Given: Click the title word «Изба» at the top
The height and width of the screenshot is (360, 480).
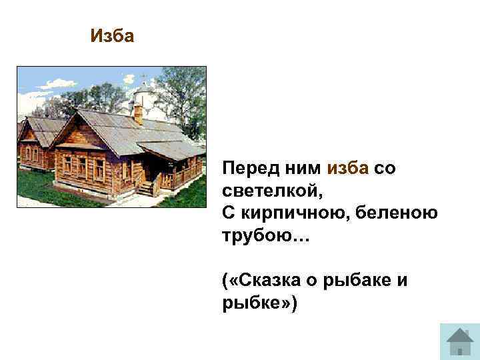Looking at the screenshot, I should click(112, 35).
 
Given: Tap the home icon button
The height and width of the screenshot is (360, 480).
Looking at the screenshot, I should click(459, 341).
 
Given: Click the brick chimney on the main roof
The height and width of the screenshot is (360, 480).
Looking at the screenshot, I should click(139, 113).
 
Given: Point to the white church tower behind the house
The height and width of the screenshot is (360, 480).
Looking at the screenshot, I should click(143, 93).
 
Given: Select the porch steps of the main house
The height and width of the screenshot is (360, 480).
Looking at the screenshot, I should click(145, 189).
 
